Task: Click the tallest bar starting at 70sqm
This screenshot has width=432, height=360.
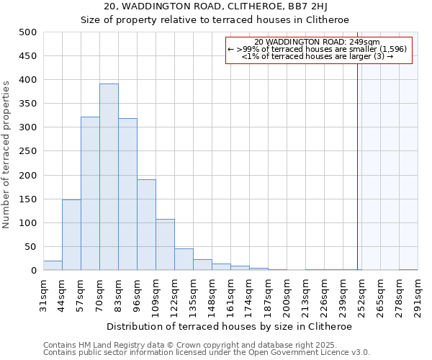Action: tap(109, 177)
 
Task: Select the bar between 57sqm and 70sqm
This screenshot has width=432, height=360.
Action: tap(90, 194)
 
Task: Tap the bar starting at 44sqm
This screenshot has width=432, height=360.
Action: tap(71, 235)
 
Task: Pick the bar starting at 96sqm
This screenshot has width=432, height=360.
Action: tap(146, 225)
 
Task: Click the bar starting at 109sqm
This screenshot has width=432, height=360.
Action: tap(165, 245)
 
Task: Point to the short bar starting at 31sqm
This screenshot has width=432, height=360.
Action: tap(53, 266)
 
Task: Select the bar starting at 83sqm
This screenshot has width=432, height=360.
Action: tap(127, 194)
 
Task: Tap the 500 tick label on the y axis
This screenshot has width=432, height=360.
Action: tap(28, 32)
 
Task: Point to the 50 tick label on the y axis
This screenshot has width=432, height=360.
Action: tap(31, 247)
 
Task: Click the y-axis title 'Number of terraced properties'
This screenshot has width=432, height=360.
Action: tap(7, 154)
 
